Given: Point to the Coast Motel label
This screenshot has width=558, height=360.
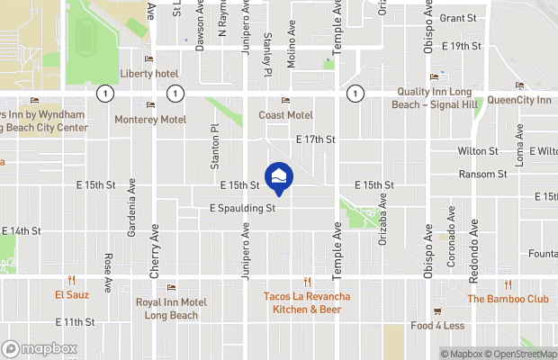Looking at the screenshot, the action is [x=285, y=115].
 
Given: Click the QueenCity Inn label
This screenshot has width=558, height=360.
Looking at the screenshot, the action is [x=518, y=100].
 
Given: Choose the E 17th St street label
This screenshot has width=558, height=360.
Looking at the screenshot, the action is [x=315, y=139].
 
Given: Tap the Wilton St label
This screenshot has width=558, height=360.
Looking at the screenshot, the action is [x=478, y=150].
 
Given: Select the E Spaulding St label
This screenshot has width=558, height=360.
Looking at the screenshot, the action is [x=242, y=207].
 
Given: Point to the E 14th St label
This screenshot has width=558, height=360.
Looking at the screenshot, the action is [x=21, y=230].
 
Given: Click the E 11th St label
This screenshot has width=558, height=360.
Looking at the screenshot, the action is [x=75, y=321].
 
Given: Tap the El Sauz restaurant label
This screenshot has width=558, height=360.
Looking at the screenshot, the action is [x=69, y=294].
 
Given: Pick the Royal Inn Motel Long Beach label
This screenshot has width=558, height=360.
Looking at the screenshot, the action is [x=171, y=308].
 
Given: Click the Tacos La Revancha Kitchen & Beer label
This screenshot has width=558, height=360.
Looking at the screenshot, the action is [x=307, y=302].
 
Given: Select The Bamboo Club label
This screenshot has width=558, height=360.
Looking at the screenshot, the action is [x=507, y=299].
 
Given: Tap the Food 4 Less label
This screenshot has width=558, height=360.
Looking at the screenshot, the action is [x=437, y=325].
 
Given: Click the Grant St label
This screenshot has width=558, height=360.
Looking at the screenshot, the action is [x=458, y=17].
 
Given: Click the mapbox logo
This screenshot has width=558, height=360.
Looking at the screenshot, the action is [x=39, y=348].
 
